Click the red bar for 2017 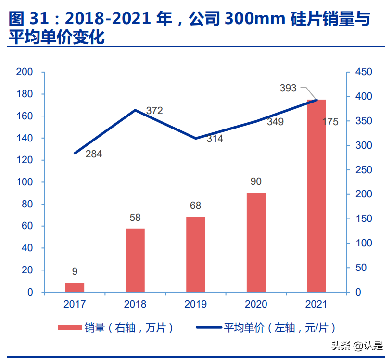pyautogui.click(x=75, y=287)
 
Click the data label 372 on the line pyautogui.click(x=154, y=111)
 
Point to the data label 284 pyautogui.click(x=94, y=154)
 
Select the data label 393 pyautogui.click(x=288, y=88)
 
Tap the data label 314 pyautogui.click(x=215, y=139)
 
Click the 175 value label pyautogui.click(x=330, y=122)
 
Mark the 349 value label pyautogui.click(x=275, y=122)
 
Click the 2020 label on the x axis pyautogui.click(x=256, y=304)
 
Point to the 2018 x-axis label pyautogui.click(x=135, y=304)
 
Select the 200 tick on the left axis pyautogui.click(x=25, y=72)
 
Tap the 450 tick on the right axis pyautogui.click(x=364, y=72)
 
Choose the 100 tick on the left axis pyautogui.click(x=25, y=182)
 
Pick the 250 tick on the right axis pyautogui.click(x=364, y=170)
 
